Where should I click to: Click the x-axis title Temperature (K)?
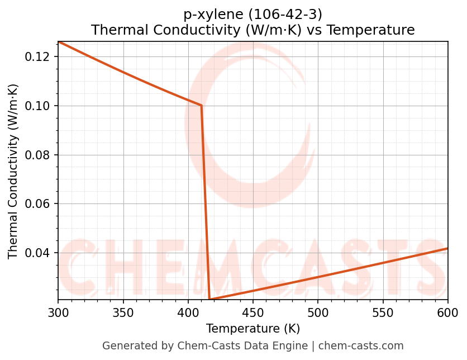pos(252,328)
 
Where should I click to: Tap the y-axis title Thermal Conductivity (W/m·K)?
pos(13,171)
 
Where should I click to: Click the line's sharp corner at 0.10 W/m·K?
pos(201,106)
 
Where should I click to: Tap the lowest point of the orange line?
pos(209,300)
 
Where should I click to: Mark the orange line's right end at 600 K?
pos(447,248)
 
